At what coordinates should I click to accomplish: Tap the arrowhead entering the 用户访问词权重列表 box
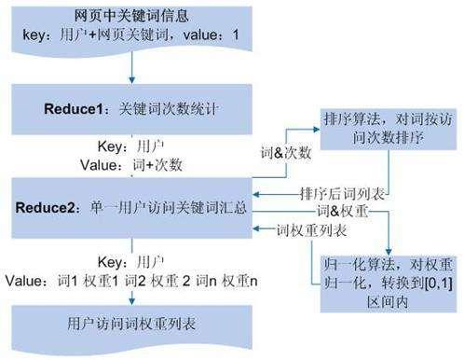point(133,298)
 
